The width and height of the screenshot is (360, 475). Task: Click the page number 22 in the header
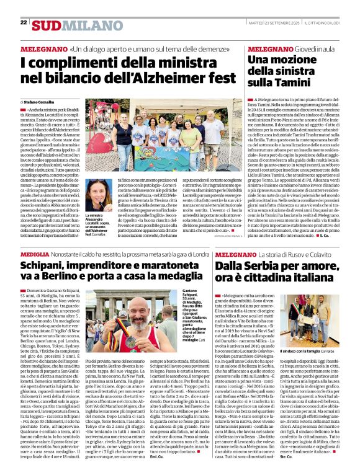coord(24,22)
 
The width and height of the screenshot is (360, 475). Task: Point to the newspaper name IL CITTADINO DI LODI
coord(322,23)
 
